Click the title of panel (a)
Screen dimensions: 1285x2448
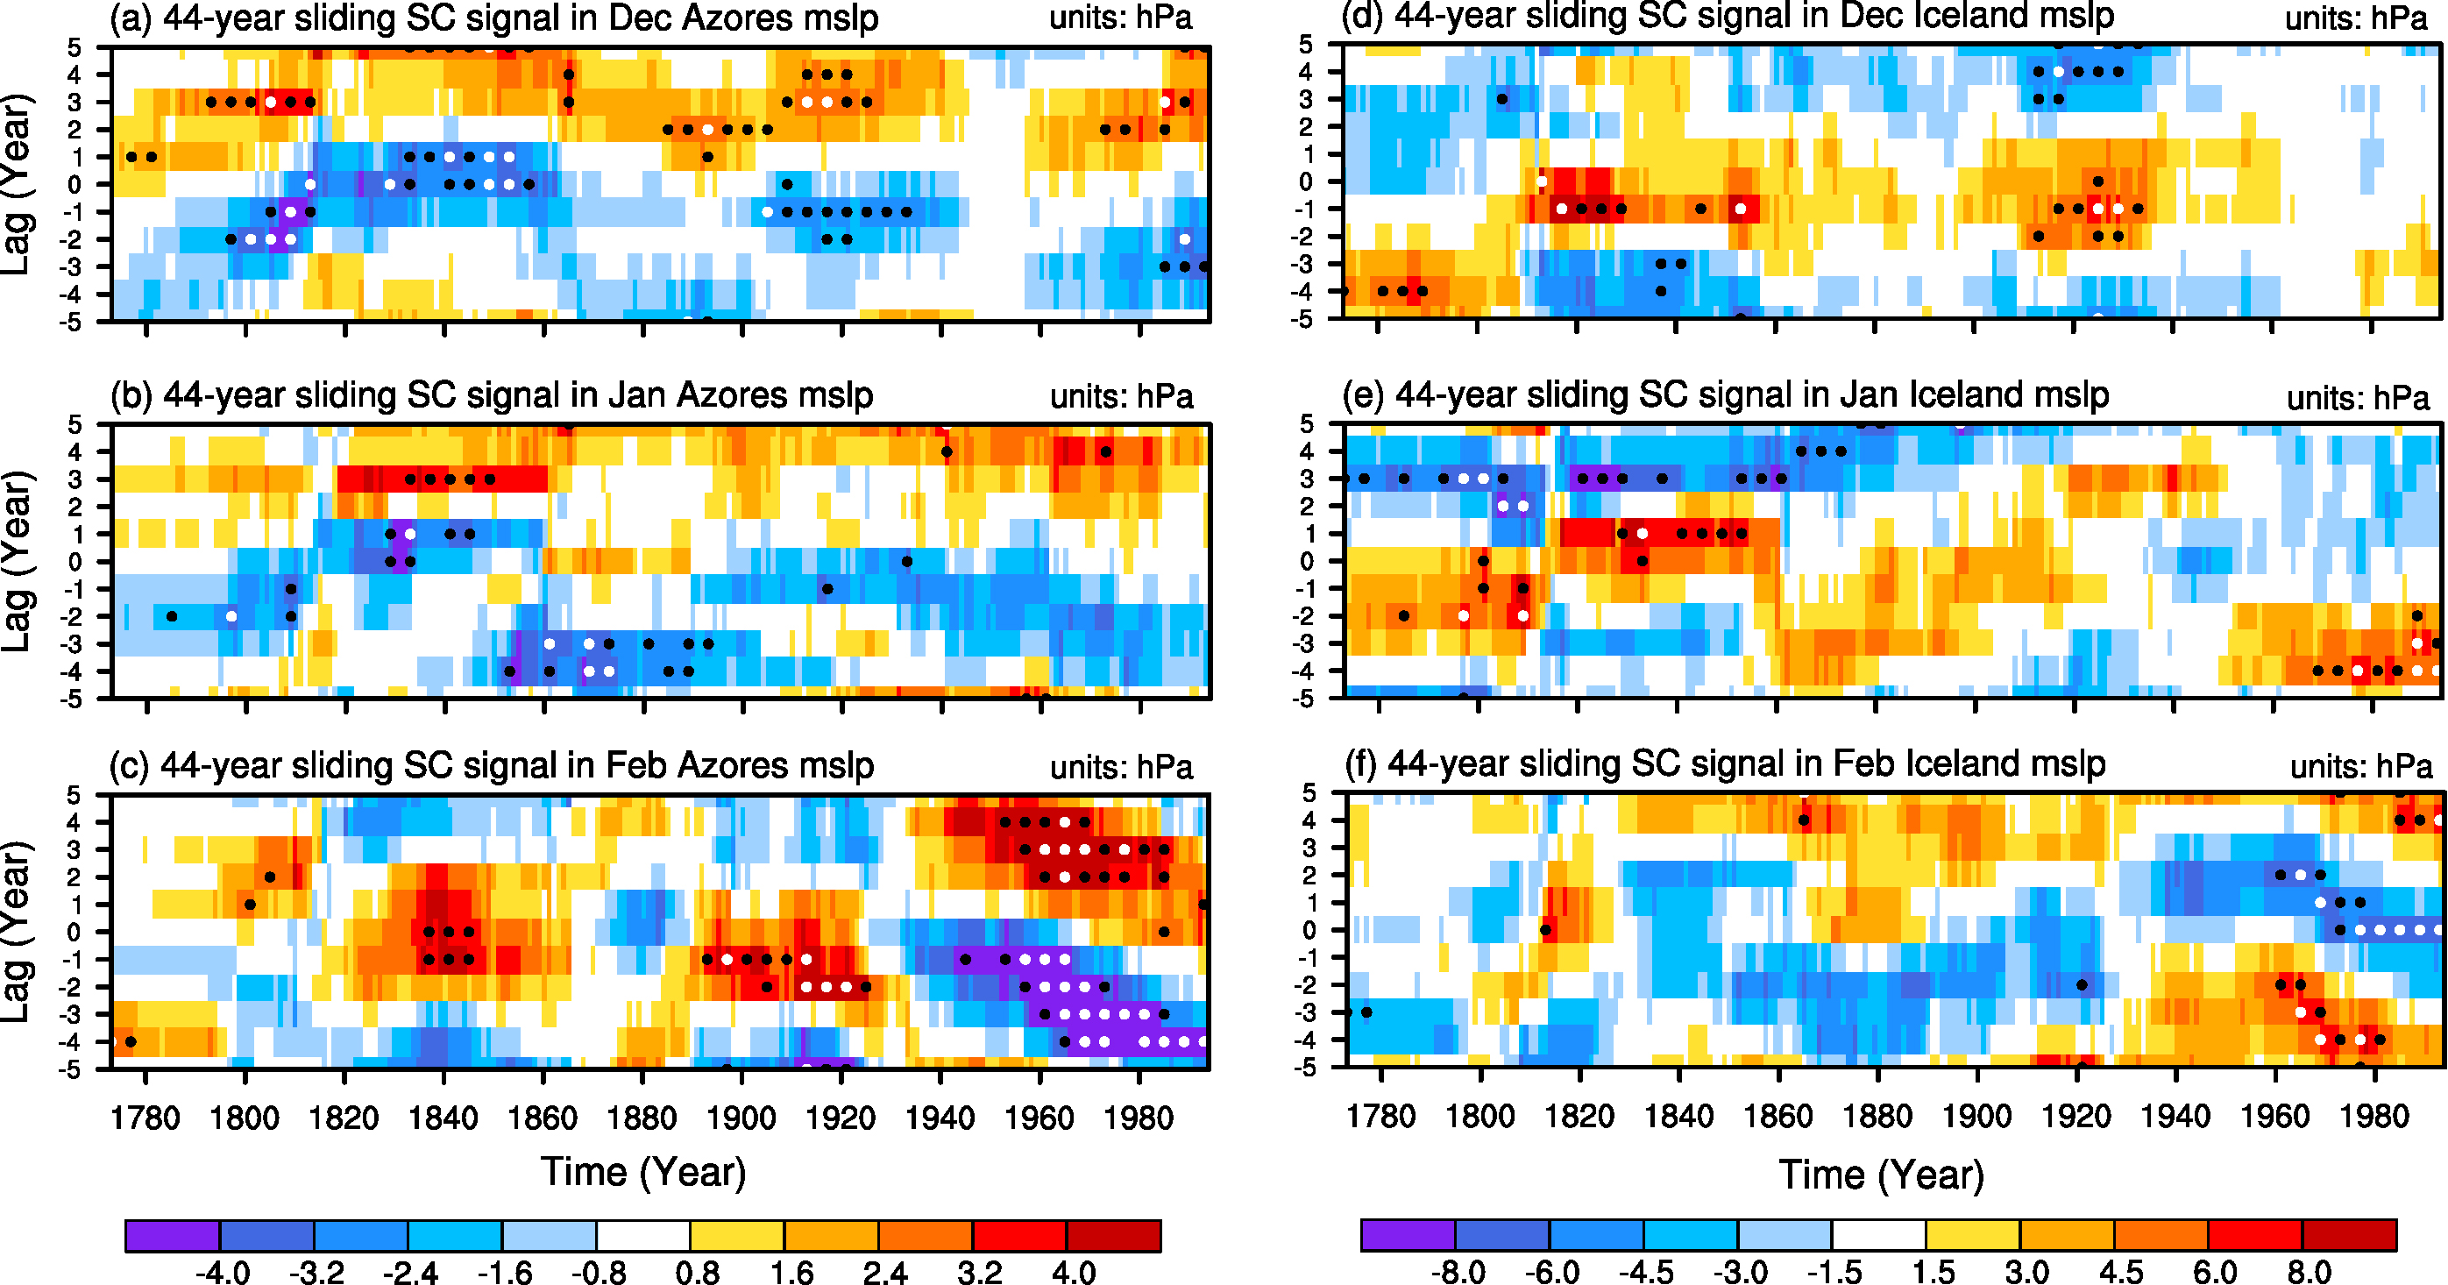pos(494,18)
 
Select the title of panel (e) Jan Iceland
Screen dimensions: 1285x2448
pos(1725,394)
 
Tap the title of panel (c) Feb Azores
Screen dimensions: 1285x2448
pos(492,765)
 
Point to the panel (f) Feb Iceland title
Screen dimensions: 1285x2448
pos(1724,763)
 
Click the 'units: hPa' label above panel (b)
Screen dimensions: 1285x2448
pos(1121,396)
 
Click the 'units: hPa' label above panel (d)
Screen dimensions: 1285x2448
pos(2356,18)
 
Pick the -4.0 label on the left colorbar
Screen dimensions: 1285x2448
pos(223,1271)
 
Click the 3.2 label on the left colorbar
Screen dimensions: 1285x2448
pos(979,1271)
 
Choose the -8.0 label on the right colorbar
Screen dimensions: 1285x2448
pos(1458,1271)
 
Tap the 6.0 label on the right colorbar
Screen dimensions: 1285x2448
pos(2214,1271)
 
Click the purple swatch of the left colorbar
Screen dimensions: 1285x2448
pos(172,1235)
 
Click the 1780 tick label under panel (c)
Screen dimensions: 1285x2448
pos(145,1118)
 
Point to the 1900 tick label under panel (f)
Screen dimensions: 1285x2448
pos(1976,1116)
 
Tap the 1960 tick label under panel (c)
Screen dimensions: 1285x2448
pos(1040,1118)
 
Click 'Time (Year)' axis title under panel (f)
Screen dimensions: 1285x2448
pos(1882,1175)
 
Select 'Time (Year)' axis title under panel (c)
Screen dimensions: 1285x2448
pos(643,1172)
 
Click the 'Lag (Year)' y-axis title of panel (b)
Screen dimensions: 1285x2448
pos(18,561)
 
